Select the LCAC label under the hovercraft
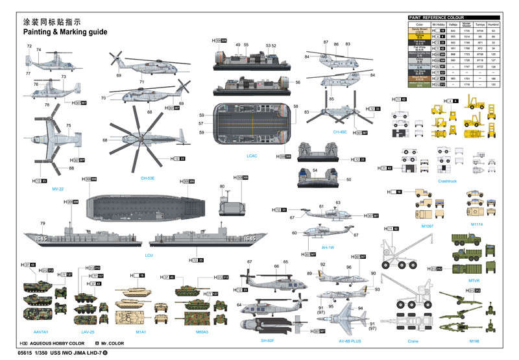click(x=252, y=156)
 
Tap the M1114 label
click(x=477, y=225)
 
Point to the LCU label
click(x=149, y=256)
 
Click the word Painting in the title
click(x=40, y=32)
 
